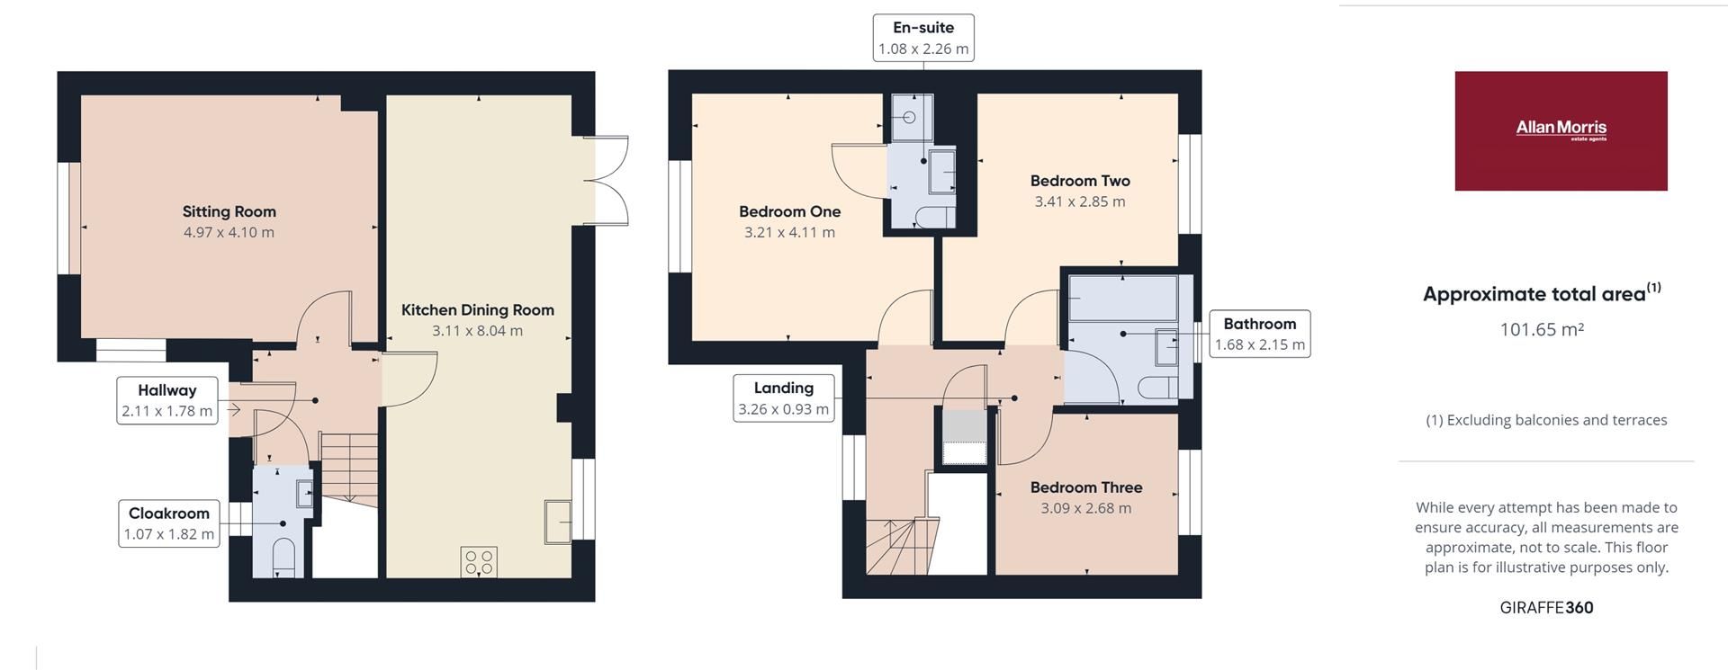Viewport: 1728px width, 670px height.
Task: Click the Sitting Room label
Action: click(x=229, y=211)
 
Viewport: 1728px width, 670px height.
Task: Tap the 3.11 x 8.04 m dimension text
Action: click(x=477, y=331)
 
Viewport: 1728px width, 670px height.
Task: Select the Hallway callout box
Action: click(x=167, y=401)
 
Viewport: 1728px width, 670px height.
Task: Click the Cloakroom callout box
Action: click(x=169, y=523)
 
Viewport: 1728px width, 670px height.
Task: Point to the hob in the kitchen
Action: click(x=479, y=562)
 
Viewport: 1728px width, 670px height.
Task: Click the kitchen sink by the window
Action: click(x=558, y=522)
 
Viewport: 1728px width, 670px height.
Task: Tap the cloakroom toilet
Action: click(x=283, y=558)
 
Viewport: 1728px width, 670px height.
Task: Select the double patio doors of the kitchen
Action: click(x=605, y=180)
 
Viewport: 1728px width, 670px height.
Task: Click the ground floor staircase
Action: click(x=349, y=467)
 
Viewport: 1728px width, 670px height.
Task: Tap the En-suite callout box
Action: click(x=923, y=38)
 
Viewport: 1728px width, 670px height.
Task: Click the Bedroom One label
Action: click(x=789, y=211)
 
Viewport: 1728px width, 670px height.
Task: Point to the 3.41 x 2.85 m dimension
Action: click(x=1080, y=202)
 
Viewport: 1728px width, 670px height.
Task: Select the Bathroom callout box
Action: click(x=1259, y=334)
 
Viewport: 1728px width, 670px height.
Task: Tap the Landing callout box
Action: click(x=783, y=398)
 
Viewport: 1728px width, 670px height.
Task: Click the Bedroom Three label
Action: click(x=1086, y=487)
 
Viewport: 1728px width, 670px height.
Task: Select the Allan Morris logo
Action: click(x=1561, y=130)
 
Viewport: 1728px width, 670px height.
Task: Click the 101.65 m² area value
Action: click(x=1541, y=330)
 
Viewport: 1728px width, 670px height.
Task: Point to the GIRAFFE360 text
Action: click(x=1546, y=608)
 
